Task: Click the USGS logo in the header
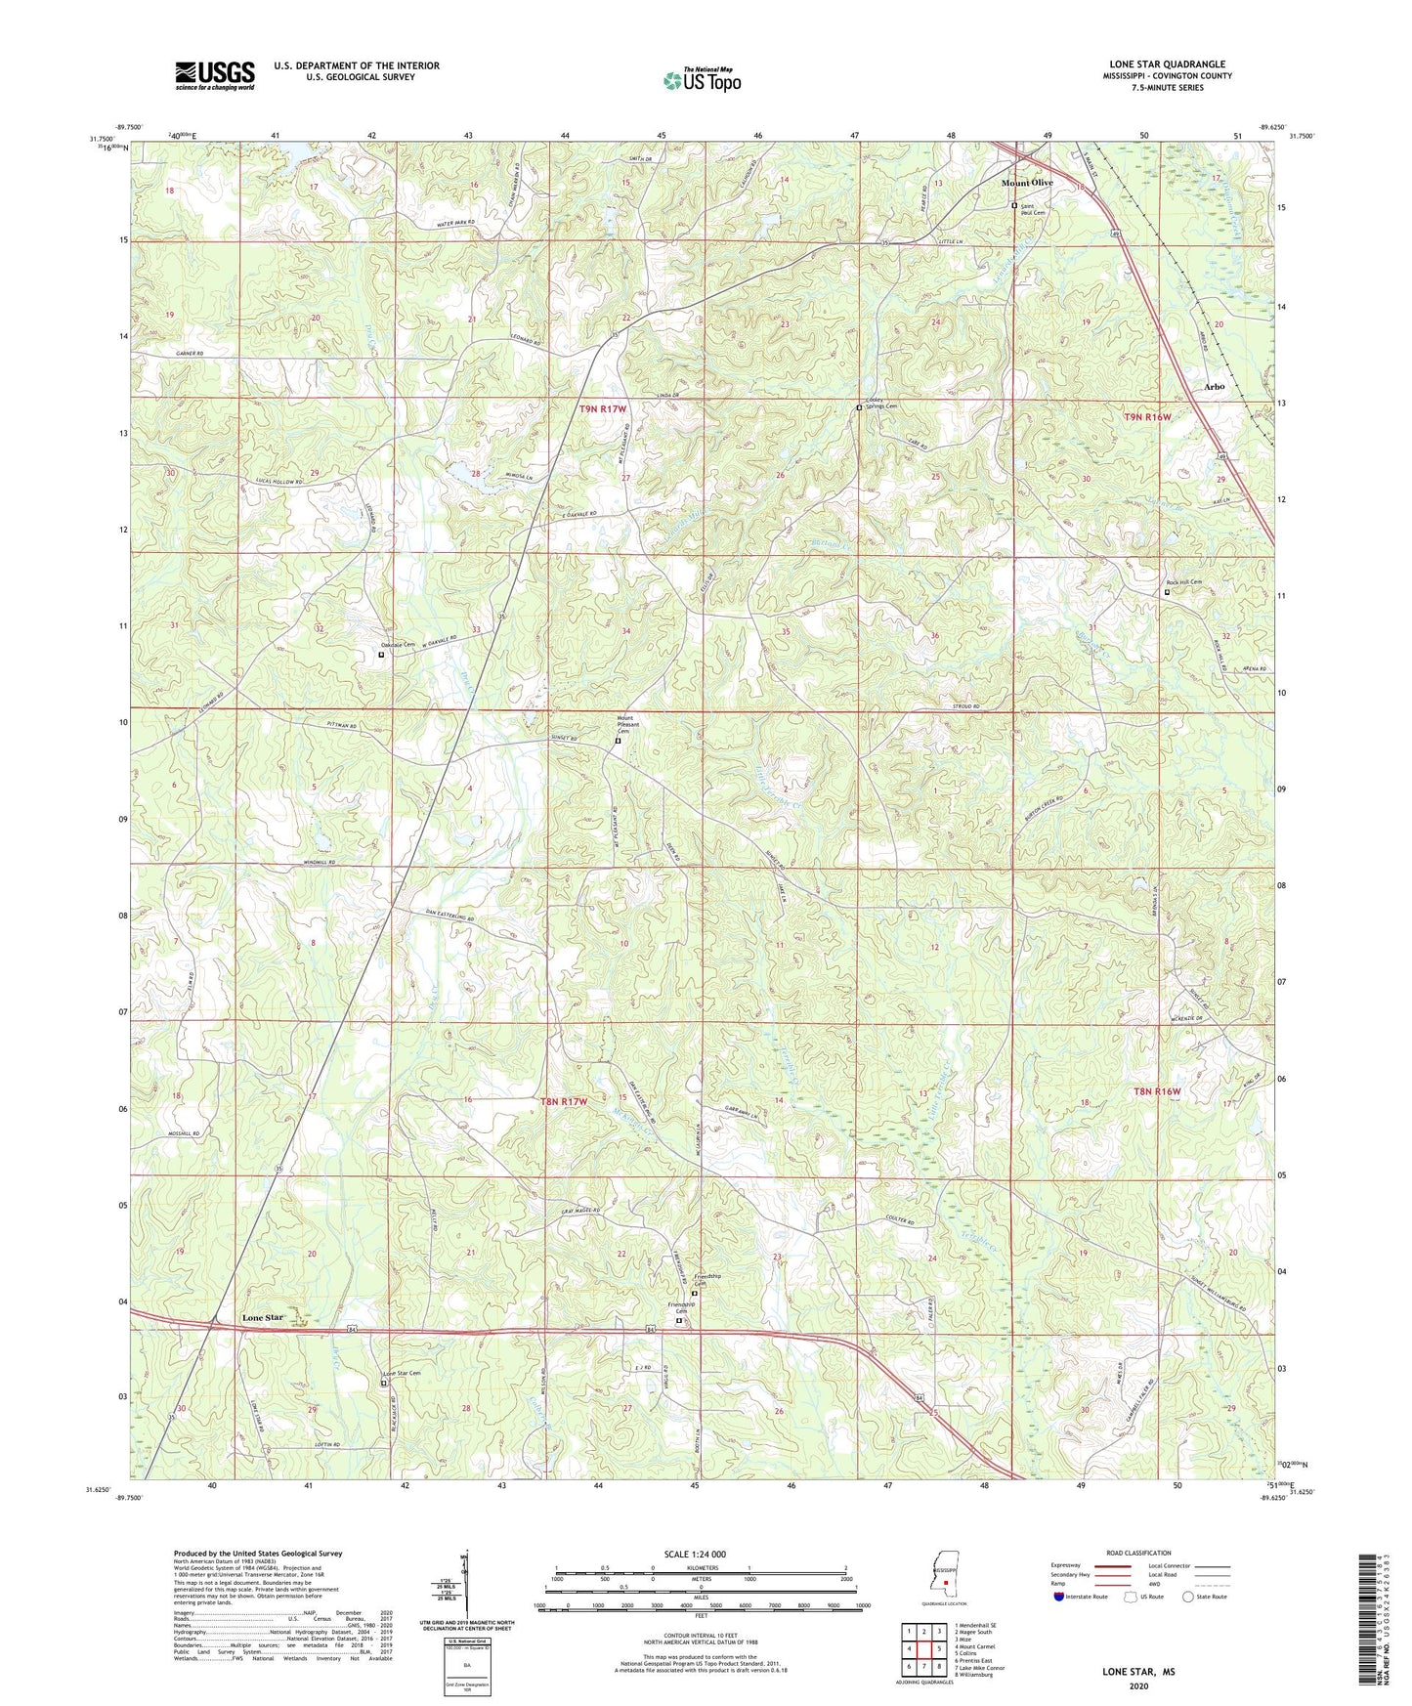click(x=215, y=75)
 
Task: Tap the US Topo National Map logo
click(x=702, y=79)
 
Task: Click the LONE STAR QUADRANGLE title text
click(x=1167, y=64)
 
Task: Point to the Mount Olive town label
click(x=1027, y=183)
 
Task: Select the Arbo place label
click(x=1214, y=387)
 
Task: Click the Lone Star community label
click(x=262, y=1317)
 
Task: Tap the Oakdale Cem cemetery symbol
click(x=381, y=655)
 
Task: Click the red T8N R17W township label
click(x=564, y=1101)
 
